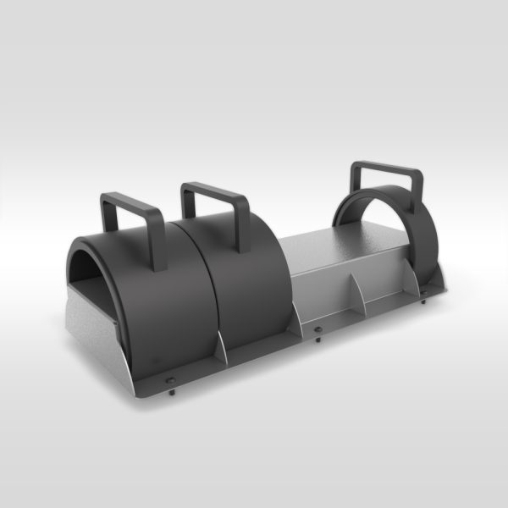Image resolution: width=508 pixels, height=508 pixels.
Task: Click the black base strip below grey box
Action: pyautogui.click(x=356, y=320)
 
